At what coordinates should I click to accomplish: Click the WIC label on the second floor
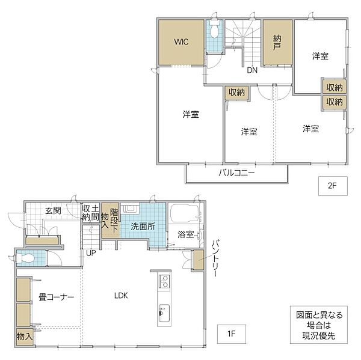click(x=182, y=42)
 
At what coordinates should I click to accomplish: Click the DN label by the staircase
click(x=253, y=70)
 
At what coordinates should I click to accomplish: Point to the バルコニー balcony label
click(x=236, y=174)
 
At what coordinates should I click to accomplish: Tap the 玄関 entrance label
click(x=53, y=210)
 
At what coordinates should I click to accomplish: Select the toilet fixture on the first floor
click(x=27, y=258)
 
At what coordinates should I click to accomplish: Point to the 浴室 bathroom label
click(x=185, y=234)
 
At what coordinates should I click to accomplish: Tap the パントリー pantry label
click(x=215, y=257)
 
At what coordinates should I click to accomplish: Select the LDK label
click(x=121, y=295)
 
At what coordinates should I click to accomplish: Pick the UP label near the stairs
click(x=91, y=252)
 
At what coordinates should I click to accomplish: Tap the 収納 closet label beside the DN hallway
click(x=236, y=92)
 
